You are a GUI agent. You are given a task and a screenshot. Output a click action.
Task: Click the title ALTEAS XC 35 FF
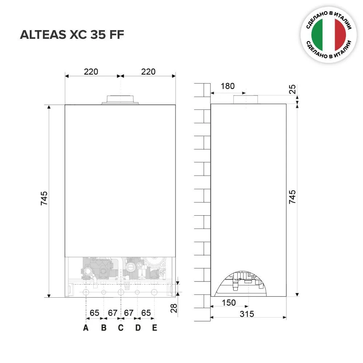72,35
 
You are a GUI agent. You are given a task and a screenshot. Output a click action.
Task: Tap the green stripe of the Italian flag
318,35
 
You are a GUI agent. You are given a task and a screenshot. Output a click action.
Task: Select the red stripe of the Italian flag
340,35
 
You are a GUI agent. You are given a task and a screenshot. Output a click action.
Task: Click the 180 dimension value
228,86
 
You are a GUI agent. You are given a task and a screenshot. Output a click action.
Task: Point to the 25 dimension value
293,89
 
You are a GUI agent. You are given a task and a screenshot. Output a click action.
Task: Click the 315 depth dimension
247,314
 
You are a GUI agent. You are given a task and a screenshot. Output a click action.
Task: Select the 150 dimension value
229,303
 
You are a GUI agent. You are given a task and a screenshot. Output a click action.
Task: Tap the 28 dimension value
174,308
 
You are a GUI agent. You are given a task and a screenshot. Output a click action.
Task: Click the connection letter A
86,328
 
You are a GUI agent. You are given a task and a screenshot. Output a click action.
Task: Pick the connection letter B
104,328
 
